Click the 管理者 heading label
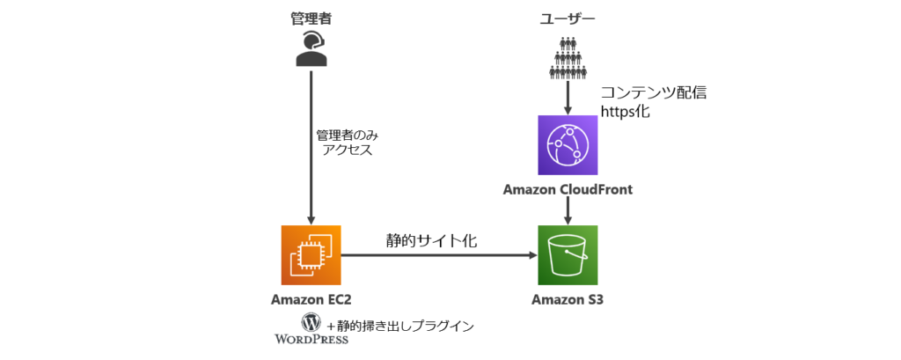[x=311, y=17]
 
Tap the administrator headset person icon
[x=311, y=49]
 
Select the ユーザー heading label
[x=567, y=17]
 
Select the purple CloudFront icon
[x=568, y=145]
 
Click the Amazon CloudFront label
[x=568, y=189]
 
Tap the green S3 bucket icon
[x=568, y=255]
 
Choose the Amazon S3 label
[x=568, y=300]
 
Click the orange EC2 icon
[x=311, y=255]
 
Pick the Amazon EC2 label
[x=311, y=300]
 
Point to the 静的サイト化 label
[x=431, y=239]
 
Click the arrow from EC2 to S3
[x=440, y=255]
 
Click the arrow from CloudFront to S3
[x=568, y=209]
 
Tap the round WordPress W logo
[x=311, y=322]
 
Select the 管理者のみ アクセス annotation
[x=344, y=143]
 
